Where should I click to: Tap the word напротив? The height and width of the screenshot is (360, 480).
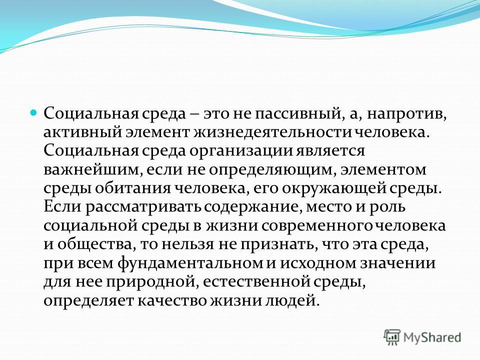(x=407, y=114)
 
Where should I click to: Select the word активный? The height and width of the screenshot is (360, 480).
(x=81, y=132)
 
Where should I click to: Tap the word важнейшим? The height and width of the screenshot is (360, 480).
(x=93, y=170)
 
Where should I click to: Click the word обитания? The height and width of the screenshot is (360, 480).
(x=132, y=188)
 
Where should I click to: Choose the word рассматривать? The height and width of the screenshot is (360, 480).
(x=143, y=207)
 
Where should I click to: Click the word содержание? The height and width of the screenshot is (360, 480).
(x=252, y=207)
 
